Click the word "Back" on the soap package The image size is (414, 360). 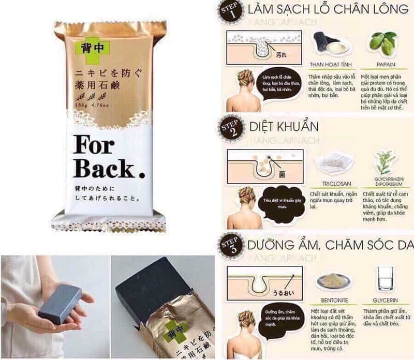click(101, 169)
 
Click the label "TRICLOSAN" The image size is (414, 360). click(332, 183)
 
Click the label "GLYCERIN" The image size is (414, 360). click(386, 298)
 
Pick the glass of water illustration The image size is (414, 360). click(386, 279)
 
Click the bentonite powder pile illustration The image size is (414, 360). click(331, 280)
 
